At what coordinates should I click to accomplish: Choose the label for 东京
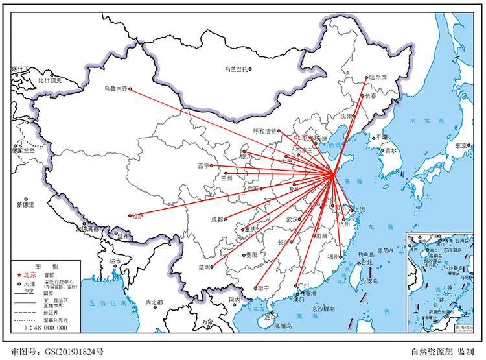click(x=461, y=145)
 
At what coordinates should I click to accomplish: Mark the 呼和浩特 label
click(x=264, y=131)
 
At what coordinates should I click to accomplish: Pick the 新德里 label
click(x=26, y=205)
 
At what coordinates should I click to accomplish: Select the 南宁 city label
click(x=263, y=288)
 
